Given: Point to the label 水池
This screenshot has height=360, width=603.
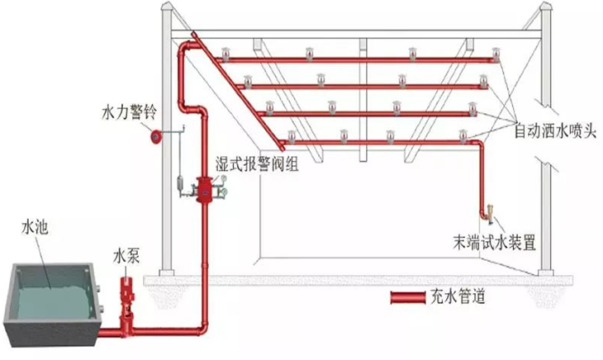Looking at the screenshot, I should [37, 225].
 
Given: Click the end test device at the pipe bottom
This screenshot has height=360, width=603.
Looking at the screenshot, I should [488, 216].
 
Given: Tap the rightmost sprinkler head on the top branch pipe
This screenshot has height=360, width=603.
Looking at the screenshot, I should [496, 55].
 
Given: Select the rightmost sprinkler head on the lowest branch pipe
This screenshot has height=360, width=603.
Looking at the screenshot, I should [463, 135].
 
